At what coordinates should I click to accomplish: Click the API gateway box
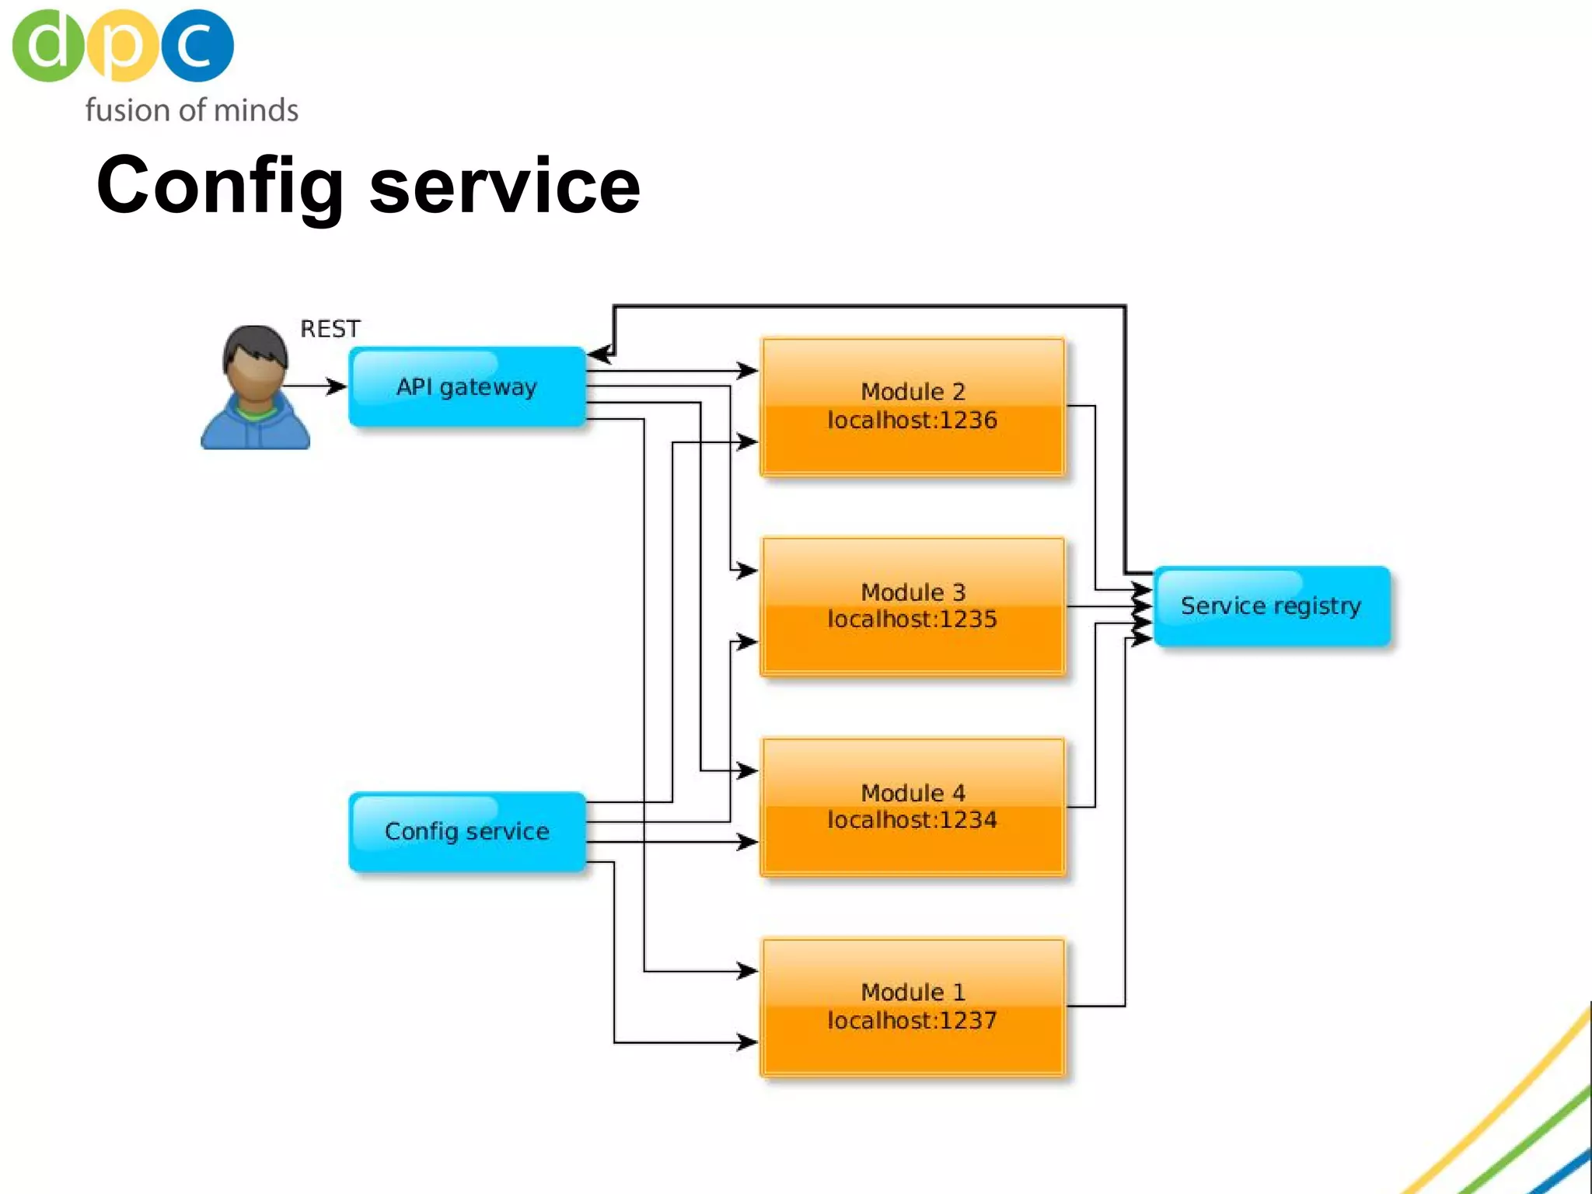pos(466,386)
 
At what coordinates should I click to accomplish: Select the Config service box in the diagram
pos(466,831)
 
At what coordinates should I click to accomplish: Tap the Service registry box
pos(1271,606)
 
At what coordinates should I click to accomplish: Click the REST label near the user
pos(330,329)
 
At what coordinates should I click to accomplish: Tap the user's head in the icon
pos(255,361)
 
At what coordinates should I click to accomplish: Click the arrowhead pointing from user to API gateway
pos(337,386)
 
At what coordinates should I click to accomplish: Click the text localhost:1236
pos(912,421)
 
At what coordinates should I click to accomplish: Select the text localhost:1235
pos(912,620)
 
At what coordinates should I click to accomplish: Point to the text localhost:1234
pos(912,820)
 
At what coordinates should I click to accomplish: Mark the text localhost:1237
pos(912,1020)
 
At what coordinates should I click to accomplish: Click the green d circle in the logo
pos(47,45)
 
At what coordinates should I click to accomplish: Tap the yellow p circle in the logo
pos(122,45)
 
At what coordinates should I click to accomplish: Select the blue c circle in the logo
pos(197,45)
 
